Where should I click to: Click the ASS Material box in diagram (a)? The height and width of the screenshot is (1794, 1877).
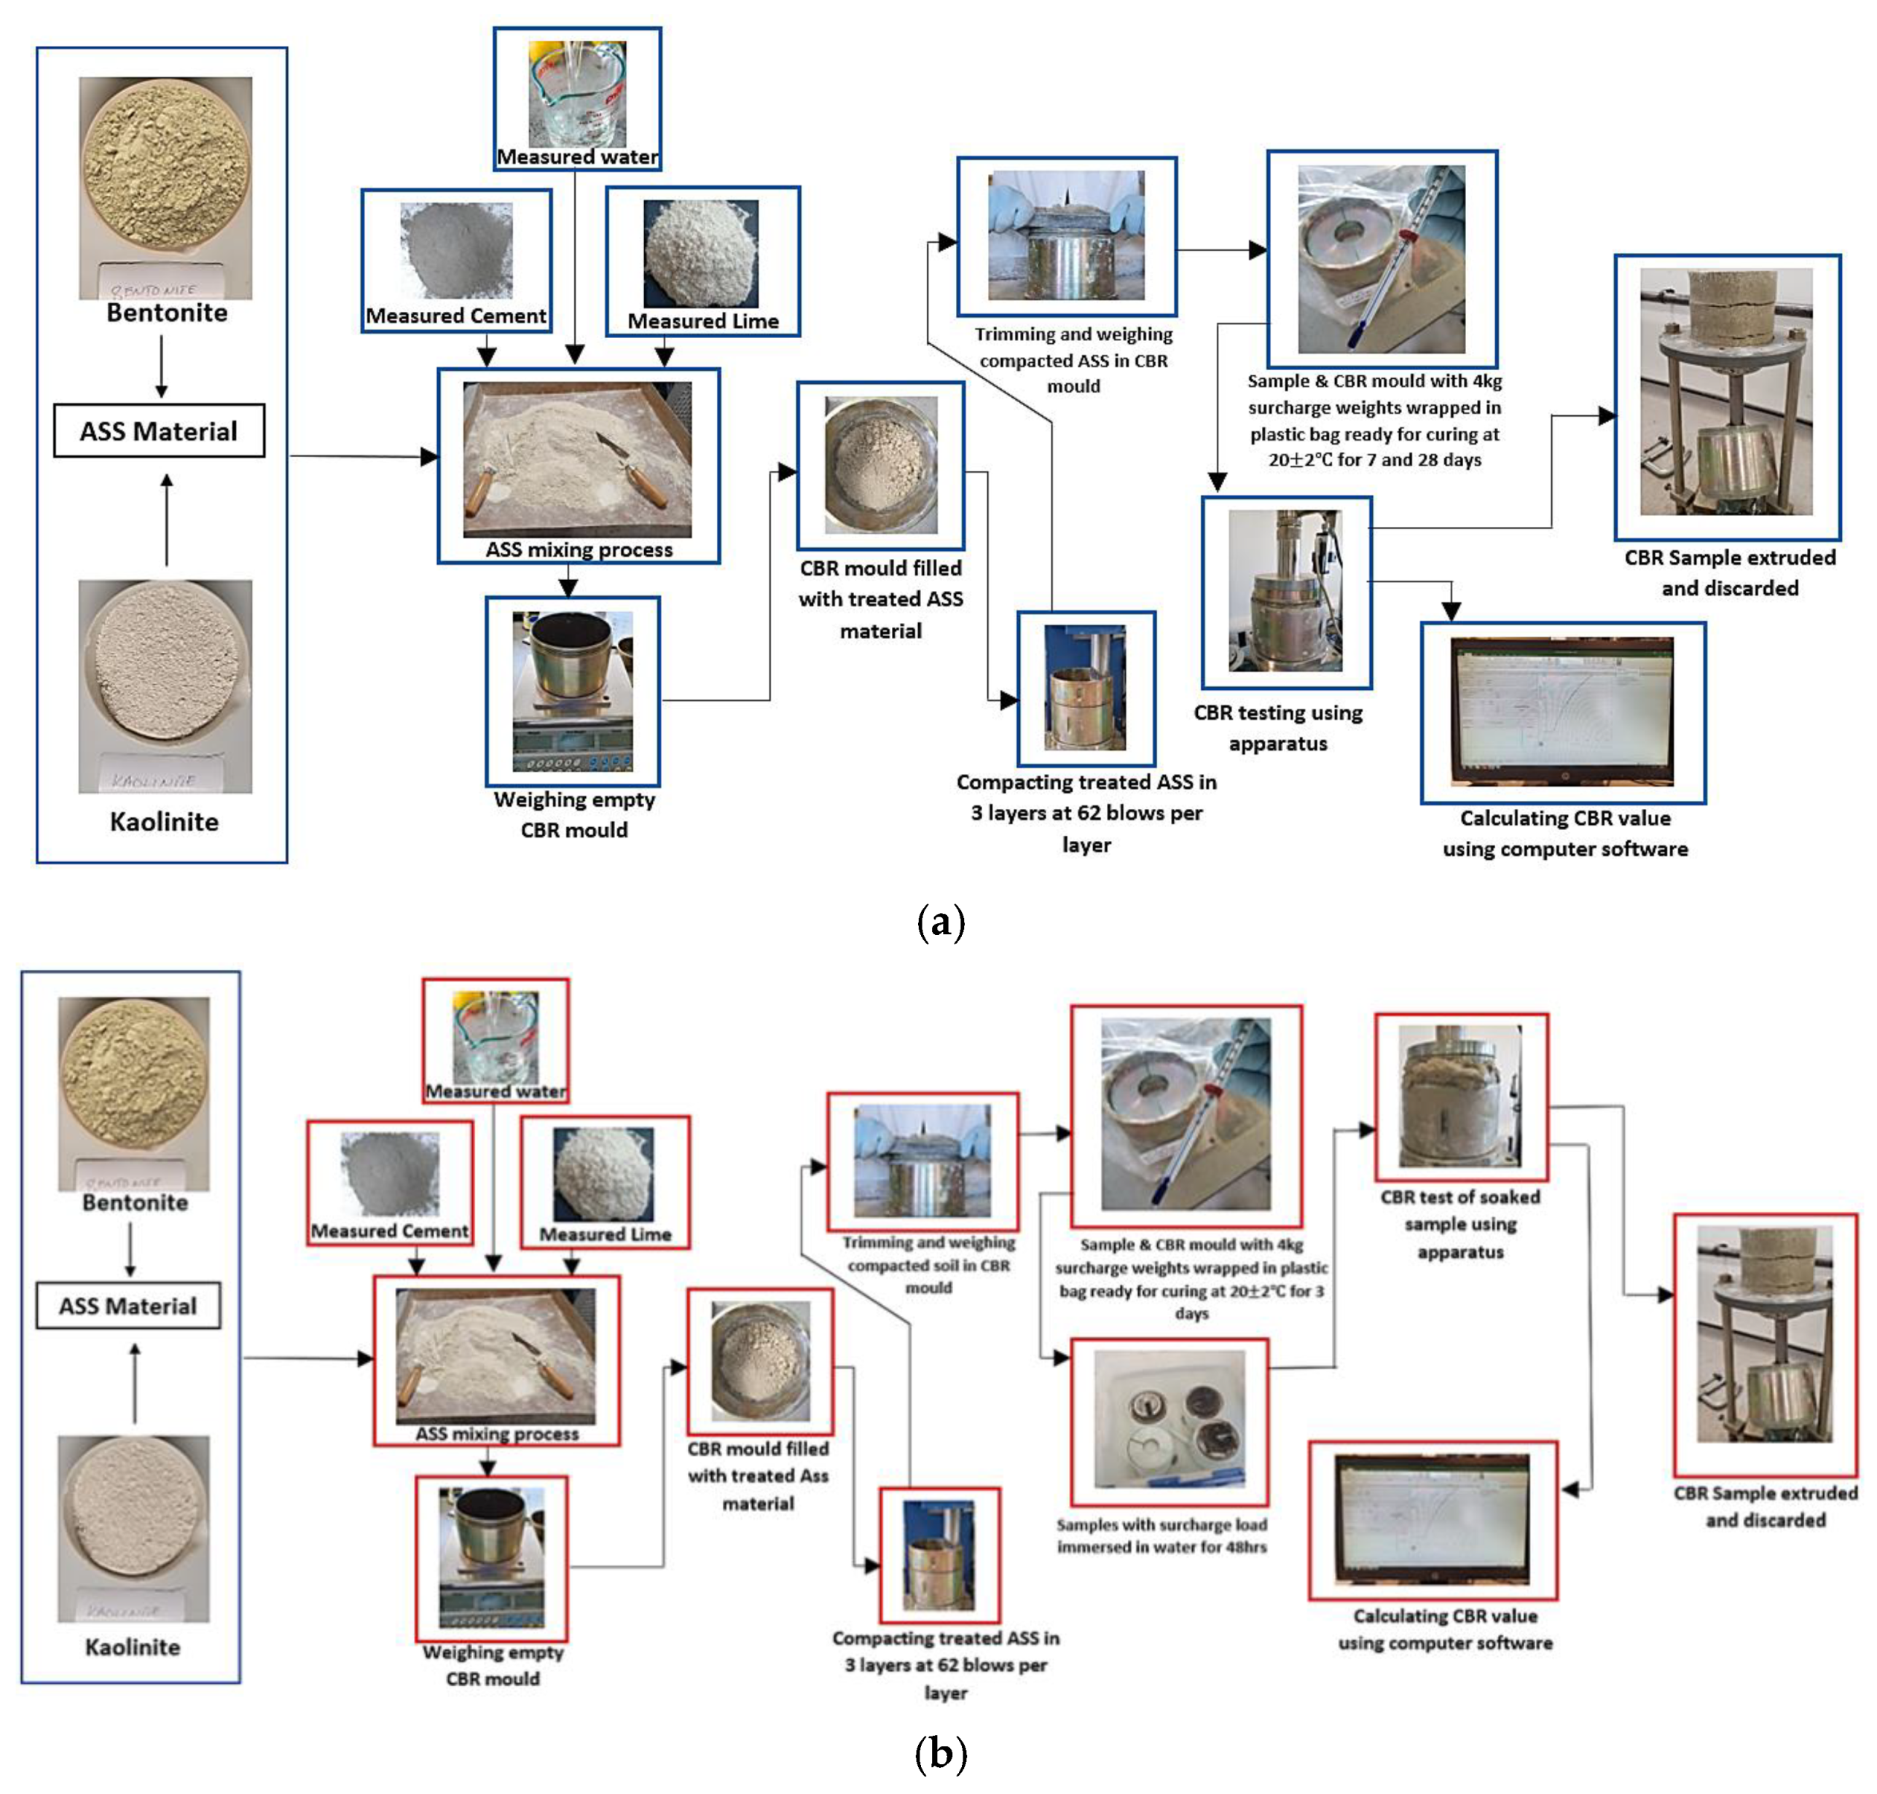[x=159, y=431]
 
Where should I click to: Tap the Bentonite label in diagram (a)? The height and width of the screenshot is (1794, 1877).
[x=166, y=313]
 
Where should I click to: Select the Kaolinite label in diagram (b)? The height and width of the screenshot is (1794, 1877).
[x=132, y=1647]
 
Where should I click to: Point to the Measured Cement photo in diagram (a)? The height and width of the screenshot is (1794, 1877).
[x=456, y=251]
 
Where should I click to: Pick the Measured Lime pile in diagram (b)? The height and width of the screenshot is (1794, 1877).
[x=603, y=1175]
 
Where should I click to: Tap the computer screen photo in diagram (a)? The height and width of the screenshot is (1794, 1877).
[x=1561, y=711]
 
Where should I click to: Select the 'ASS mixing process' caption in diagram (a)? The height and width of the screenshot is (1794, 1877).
[x=579, y=550]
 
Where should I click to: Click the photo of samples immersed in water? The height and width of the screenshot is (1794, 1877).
[x=1169, y=1419]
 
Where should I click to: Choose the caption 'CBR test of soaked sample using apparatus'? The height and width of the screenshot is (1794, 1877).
[x=1460, y=1224]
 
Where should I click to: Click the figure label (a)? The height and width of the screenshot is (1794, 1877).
[x=940, y=923]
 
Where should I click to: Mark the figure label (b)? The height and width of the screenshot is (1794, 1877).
[x=940, y=1753]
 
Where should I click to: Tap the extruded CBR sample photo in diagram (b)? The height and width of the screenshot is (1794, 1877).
[x=1764, y=1334]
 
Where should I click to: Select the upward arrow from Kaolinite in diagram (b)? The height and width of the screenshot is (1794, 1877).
[x=135, y=1383]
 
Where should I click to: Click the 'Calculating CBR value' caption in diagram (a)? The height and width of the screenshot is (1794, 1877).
[x=1564, y=833]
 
